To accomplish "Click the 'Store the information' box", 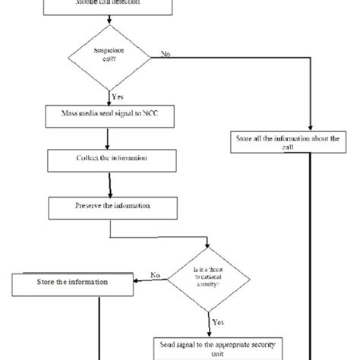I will point(71,284).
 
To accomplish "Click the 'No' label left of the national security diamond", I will point(155,275).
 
